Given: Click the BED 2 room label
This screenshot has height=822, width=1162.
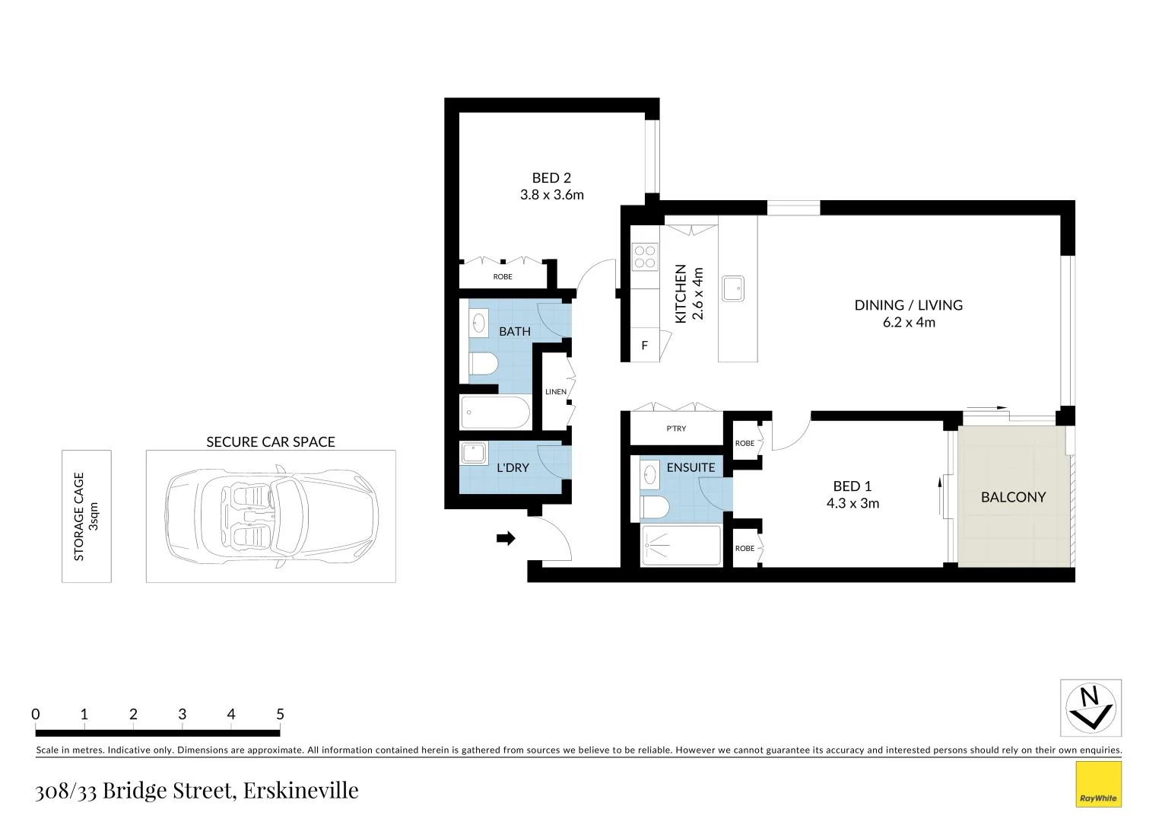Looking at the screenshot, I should (x=551, y=178).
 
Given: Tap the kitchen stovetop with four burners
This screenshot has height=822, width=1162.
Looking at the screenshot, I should (x=645, y=256).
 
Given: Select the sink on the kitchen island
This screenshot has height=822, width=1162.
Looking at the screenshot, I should (x=733, y=288).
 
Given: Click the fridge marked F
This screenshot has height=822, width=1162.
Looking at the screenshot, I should (x=645, y=346).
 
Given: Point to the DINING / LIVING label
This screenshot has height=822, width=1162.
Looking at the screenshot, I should (x=908, y=305).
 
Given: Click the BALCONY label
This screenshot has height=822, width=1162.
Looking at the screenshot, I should (x=1013, y=497).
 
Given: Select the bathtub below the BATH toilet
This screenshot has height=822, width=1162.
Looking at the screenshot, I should (x=495, y=413).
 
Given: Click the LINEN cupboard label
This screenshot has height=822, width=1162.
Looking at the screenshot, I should (x=556, y=392).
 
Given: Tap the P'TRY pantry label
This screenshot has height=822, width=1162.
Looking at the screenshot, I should (x=676, y=429).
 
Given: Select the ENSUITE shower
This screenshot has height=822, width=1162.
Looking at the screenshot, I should (x=681, y=546).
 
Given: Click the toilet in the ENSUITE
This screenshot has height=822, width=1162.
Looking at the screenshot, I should (x=655, y=505).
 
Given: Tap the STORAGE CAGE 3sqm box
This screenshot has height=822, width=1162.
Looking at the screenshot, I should (x=86, y=516).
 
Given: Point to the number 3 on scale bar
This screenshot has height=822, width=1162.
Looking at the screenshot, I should (x=183, y=714).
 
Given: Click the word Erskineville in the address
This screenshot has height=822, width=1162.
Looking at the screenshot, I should (x=302, y=790).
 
